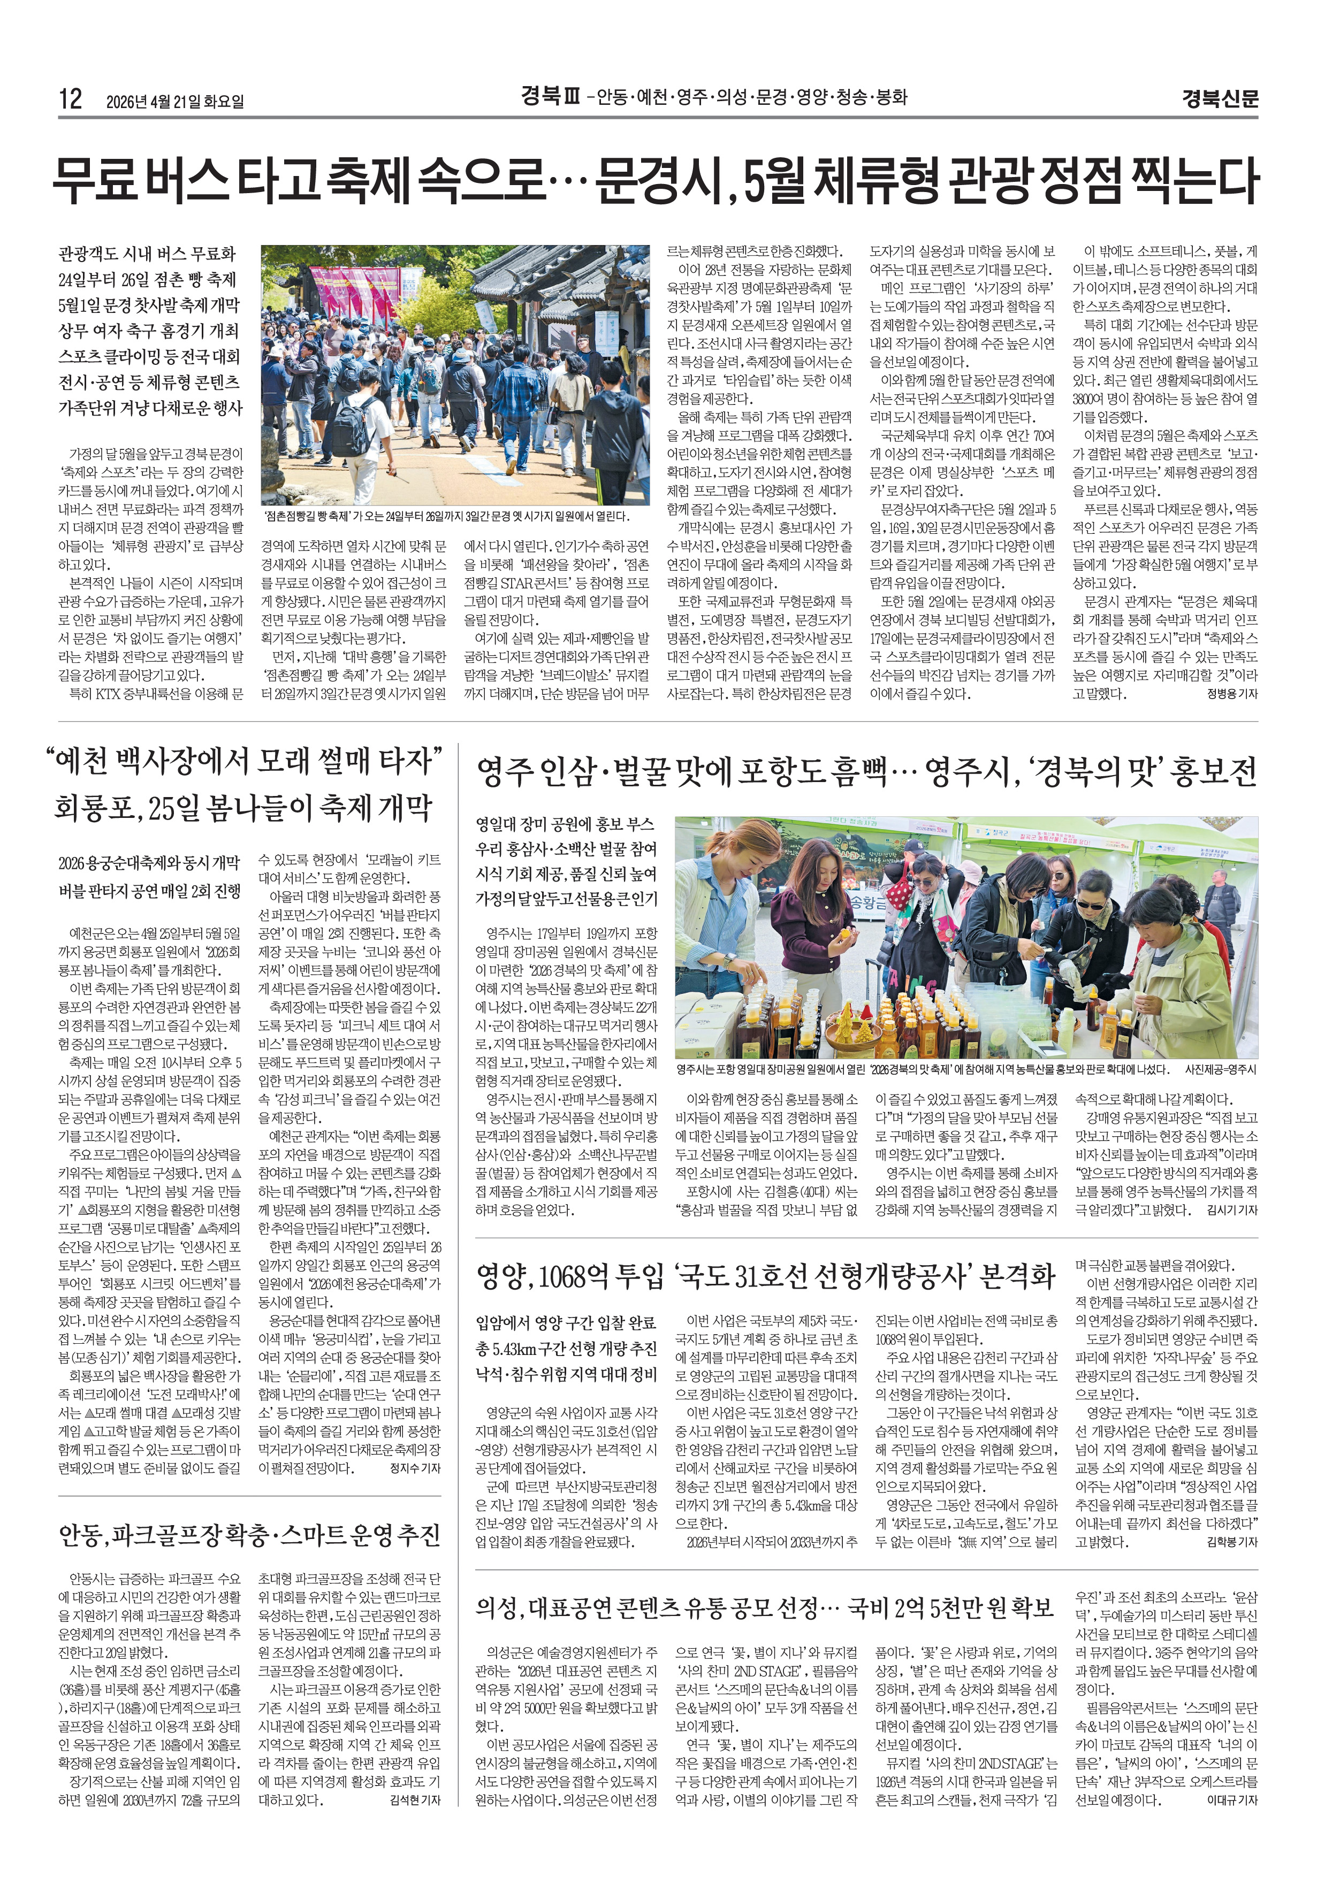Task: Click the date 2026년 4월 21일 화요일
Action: [175, 102]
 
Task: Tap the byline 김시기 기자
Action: [1231, 1210]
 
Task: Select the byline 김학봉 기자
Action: [1231, 1541]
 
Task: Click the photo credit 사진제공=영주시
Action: [1221, 1070]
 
